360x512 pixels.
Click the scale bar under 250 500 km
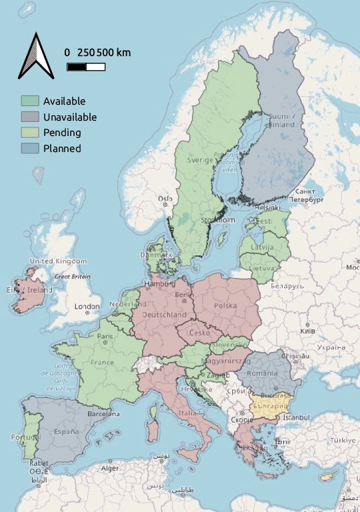[86, 66]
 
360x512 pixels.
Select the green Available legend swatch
[30, 101]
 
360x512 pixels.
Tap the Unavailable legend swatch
[30, 117]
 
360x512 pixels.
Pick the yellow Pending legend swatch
[30, 133]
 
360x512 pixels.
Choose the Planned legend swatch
[30, 149]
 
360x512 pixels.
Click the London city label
[87, 307]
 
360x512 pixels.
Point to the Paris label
[105, 336]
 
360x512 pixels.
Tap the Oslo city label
[164, 199]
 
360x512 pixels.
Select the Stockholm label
[219, 220]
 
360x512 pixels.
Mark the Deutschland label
[165, 314]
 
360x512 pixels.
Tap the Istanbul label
[295, 417]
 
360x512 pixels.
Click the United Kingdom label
[58, 261]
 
